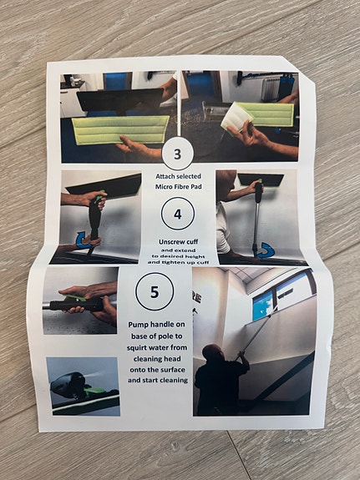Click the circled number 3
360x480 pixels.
176,154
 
